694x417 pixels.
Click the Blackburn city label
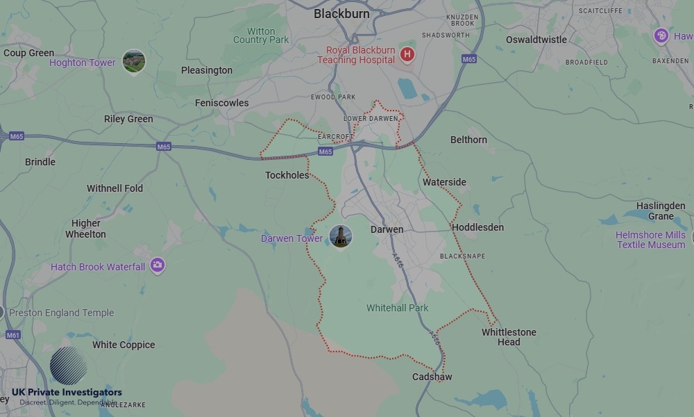[x=341, y=13]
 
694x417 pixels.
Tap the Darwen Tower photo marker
[x=341, y=236]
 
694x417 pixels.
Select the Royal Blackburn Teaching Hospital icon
[x=407, y=54]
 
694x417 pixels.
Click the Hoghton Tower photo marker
[x=134, y=61]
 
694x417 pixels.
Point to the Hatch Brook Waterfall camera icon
[x=158, y=265]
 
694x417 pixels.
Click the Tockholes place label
[x=287, y=175]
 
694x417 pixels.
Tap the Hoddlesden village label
[x=477, y=227]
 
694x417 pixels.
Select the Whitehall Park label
[x=398, y=308]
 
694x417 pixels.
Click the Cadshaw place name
[x=432, y=377]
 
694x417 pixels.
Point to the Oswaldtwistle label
[x=536, y=40]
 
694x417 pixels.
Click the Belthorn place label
[x=468, y=140]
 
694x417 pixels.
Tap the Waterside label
[x=444, y=182]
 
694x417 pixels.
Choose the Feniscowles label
[x=221, y=103]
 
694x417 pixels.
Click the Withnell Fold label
[x=115, y=188]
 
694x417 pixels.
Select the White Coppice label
[x=124, y=345]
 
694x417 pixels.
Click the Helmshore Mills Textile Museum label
[x=650, y=240]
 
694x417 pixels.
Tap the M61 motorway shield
[x=13, y=335]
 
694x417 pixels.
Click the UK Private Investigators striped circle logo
[x=69, y=366]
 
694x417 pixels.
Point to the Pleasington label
[x=207, y=70]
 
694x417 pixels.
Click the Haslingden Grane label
[x=661, y=211]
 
